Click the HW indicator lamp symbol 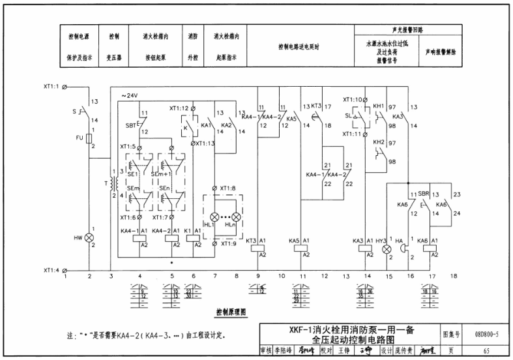[89, 239]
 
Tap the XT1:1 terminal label [51, 86]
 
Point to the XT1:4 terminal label [51, 270]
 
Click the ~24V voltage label [130, 97]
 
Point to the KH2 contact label [378, 142]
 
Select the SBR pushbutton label [423, 194]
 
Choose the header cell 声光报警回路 [407, 31]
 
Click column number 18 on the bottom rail [454, 277]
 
